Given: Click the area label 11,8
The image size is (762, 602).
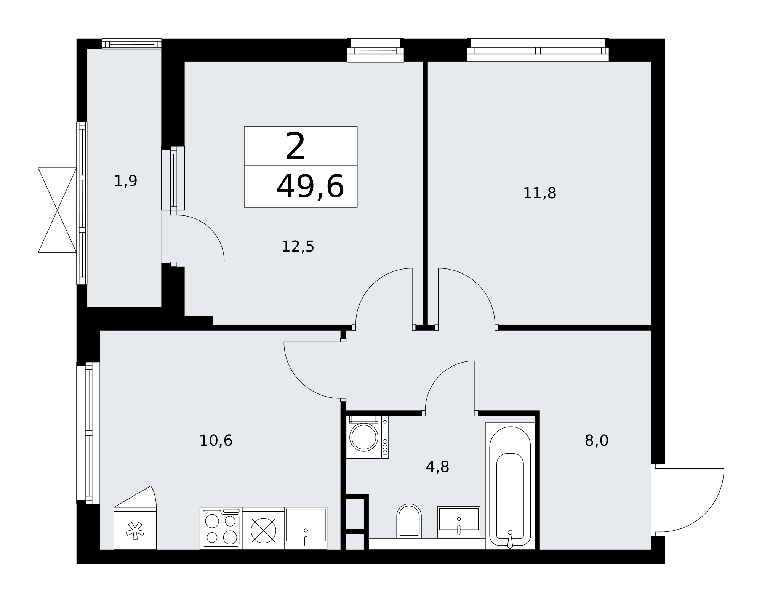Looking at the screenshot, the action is (539, 193).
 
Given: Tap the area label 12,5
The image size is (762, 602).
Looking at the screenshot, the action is (298, 247).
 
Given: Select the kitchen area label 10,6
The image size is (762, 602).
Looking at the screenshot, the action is (216, 441).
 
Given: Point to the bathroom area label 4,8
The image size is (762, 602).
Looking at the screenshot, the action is (437, 467).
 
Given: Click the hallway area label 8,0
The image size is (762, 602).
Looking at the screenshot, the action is (597, 441).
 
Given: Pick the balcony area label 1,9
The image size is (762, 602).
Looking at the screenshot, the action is (126, 181).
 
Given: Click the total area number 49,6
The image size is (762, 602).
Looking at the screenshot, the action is (310, 186).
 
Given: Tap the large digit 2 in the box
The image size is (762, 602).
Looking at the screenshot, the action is (295, 146).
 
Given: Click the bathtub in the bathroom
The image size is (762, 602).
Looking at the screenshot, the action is (510, 486).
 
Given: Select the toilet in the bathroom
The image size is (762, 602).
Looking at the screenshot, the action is (409, 521).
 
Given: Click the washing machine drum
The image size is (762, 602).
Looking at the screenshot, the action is (364, 437).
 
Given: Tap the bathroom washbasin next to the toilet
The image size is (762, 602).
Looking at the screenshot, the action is (459, 522).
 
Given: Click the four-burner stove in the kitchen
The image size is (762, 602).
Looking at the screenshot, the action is (221, 528).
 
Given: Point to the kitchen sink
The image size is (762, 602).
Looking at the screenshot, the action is (306, 528).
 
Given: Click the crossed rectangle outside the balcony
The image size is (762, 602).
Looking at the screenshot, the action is (57, 210).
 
